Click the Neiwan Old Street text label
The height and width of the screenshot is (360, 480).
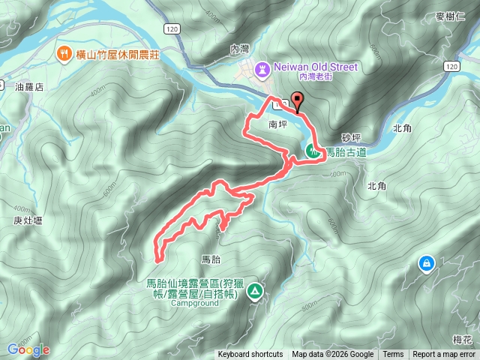(316, 67)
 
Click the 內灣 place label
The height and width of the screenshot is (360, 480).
(239, 48)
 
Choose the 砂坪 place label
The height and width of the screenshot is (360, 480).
(352, 138)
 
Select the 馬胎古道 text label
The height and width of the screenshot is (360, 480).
(346, 152)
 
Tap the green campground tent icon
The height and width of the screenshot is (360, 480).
(255, 290)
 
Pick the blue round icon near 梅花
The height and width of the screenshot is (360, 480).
(426, 263)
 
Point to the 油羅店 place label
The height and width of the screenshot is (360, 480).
(29, 87)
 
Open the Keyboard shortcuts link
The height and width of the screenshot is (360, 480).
(250, 355)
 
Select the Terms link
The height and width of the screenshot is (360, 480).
(393, 355)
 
